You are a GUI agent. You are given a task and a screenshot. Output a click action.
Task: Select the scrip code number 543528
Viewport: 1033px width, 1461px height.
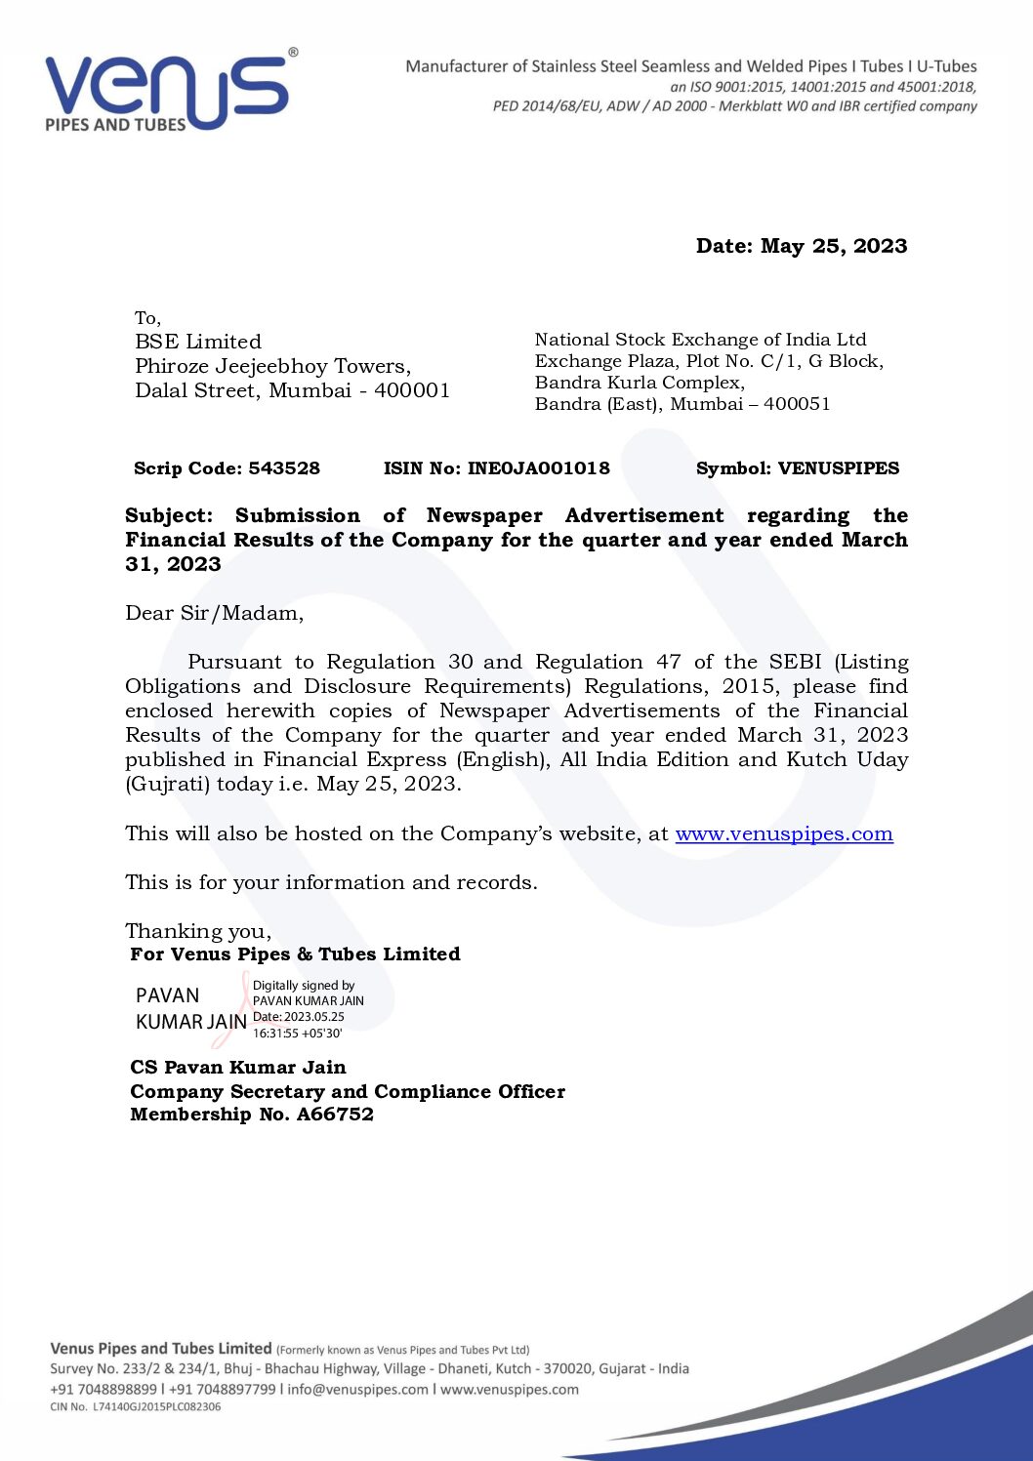coord(284,468)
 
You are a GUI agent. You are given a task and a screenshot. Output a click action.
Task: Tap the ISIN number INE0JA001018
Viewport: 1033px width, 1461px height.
coord(538,468)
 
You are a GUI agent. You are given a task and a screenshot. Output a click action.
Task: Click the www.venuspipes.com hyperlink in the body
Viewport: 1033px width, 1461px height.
coord(784,834)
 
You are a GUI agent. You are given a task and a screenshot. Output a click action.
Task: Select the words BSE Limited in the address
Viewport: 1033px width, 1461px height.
coord(198,342)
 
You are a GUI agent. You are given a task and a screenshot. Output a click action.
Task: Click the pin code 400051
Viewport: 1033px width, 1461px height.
coord(797,404)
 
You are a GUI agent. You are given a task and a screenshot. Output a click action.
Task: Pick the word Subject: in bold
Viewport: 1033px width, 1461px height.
coord(168,515)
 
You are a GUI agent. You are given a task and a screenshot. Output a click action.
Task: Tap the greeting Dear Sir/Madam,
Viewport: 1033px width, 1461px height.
coord(214,613)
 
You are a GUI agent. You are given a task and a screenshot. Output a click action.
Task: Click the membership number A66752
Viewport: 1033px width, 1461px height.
coord(335,1115)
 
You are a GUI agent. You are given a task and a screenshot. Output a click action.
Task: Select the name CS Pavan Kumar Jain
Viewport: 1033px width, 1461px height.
coord(237,1067)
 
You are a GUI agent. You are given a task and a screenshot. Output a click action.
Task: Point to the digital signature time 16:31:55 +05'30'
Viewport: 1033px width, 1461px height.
coord(297,1033)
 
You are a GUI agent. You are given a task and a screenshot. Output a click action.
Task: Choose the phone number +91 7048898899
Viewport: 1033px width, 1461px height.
coord(103,1390)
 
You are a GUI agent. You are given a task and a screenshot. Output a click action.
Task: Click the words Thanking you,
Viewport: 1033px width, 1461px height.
coord(198,931)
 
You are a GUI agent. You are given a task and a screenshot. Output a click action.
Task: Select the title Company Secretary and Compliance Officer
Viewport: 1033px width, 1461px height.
coord(348,1091)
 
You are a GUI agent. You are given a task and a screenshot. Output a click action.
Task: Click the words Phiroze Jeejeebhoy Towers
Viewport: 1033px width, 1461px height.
coord(271,366)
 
